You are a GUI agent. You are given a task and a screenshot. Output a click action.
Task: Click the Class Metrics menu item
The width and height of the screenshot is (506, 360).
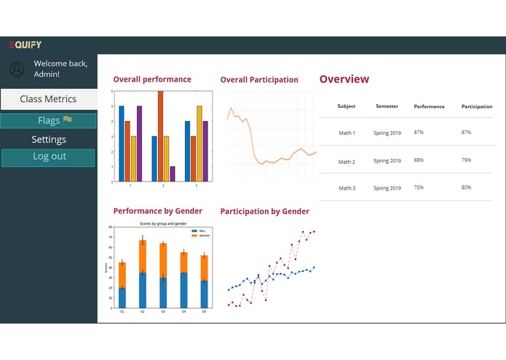[x=48, y=99]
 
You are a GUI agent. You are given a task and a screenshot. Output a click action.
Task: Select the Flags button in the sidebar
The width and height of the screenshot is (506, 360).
[x=48, y=121]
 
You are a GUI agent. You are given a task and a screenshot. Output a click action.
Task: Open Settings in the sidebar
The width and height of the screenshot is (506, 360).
[x=48, y=139]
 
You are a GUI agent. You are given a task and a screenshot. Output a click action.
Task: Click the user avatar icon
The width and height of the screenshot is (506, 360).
[x=17, y=69]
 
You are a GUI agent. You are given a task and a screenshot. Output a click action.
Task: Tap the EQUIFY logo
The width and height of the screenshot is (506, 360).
[x=25, y=45]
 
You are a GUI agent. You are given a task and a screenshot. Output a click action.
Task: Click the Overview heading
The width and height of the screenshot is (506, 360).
[x=344, y=79]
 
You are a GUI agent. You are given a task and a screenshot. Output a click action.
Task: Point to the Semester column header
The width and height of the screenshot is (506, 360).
[x=387, y=106]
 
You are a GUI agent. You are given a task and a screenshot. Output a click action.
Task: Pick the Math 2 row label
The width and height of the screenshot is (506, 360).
[x=347, y=161]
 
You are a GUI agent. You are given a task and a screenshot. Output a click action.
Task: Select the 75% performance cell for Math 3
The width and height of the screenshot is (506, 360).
[x=419, y=187]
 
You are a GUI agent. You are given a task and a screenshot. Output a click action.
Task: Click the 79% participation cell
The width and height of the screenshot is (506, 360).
[x=466, y=160]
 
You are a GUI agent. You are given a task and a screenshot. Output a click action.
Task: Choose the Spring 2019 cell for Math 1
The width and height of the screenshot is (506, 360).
[x=387, y=133]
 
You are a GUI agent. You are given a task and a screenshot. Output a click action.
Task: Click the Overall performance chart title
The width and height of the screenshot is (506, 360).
[x=152, y=79]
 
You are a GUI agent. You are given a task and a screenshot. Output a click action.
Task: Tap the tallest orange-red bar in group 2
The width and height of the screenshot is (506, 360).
[x=160, y=136]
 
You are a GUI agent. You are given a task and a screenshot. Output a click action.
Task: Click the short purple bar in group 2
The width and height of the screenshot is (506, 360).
[x=173, y=173]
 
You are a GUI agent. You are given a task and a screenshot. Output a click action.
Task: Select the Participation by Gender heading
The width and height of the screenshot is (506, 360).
[x=264, y=211]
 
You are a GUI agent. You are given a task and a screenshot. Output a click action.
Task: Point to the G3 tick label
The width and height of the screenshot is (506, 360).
[x=163, y=311]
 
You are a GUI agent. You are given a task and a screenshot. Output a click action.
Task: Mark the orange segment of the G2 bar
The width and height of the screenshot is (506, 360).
[x=143, y=256]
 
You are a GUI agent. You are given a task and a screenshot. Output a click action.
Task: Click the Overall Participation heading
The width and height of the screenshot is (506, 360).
[x=259, y=79]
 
